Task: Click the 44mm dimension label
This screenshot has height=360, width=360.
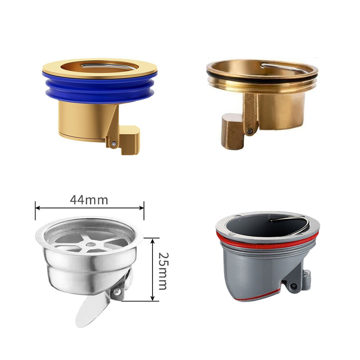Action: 89,200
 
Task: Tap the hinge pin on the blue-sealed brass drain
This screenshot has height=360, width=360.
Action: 113,144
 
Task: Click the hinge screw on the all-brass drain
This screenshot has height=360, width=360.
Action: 250,131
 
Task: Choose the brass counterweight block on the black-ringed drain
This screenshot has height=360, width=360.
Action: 232,131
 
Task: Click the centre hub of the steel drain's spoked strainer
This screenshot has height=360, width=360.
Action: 91,244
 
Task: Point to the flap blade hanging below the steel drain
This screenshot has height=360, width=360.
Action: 91,310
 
